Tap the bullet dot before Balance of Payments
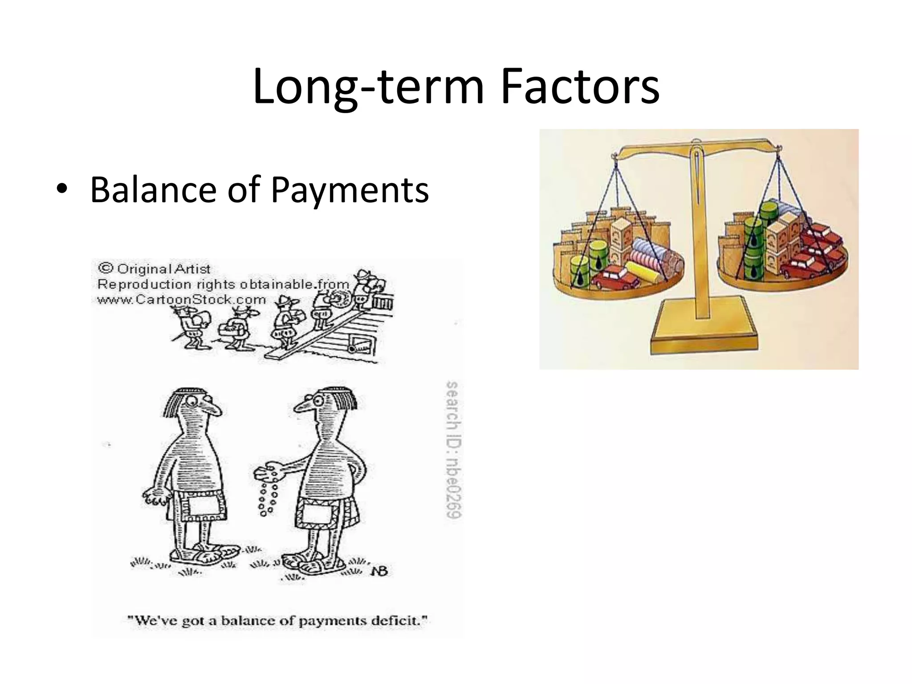point(62,189)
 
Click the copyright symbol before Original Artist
point(106,268)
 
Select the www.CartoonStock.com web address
point(182,300)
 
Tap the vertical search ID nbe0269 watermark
point(453,449)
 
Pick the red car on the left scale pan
point(615,277)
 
